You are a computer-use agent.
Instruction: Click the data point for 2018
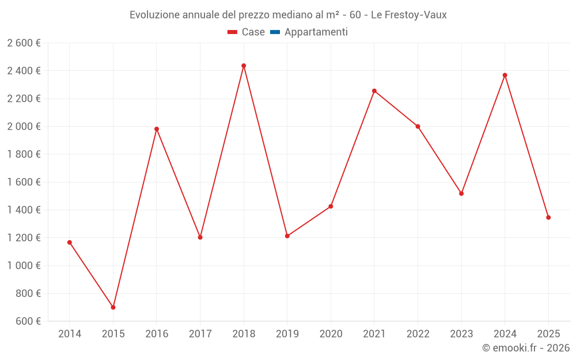[x=244, y=66]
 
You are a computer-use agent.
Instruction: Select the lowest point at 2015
[x=113, y=307]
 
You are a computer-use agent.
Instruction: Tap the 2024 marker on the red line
[x=505, y=75]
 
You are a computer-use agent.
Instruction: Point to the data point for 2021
[x=374, y=91]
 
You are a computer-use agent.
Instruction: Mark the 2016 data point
[x=157, y=129]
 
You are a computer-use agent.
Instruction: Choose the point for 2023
[x=461, y=194]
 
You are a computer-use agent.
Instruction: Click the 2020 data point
[x=331, y=206]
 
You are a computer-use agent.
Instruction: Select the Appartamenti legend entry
[x=316, y=32]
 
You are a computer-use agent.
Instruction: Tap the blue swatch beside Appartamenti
[x=275, y=32]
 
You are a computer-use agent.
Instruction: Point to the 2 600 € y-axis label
[x=24, y=43]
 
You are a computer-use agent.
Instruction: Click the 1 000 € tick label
[x=24, y=266]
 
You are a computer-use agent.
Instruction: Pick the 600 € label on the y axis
[x=28, y=321]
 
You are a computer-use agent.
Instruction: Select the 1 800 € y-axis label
[x=24, y=154]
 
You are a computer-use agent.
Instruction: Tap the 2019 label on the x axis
[x=287, y=334]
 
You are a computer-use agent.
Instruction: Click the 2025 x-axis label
[x=548, y=334]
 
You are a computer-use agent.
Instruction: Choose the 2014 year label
[x=70, y=334]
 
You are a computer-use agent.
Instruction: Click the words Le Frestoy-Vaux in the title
[x=409, y=15]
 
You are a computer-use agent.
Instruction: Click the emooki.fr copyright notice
[x=526, y=348]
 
